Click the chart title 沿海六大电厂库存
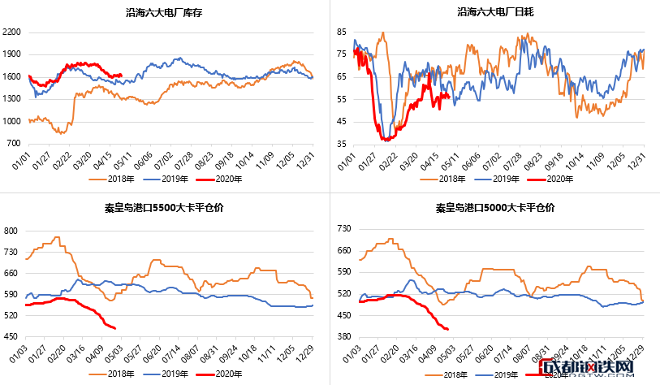click(164, 12)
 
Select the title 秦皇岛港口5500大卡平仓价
click(164, 207)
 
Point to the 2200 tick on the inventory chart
click(12, 32)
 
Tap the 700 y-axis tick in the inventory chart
click(15, 143)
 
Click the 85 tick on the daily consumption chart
click(343, 31)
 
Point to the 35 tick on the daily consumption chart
click(343, 143)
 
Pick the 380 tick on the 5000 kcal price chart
click(343, 336)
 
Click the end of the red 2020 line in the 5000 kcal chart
click(449, 329)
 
